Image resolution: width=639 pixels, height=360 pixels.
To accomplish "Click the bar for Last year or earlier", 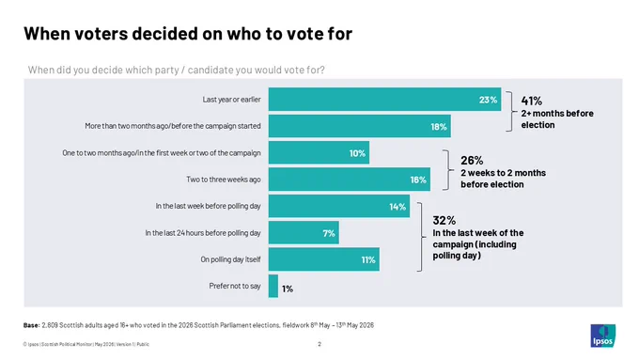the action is (x=384, y=100).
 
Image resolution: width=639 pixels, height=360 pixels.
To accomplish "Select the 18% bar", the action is (x=359, y=126).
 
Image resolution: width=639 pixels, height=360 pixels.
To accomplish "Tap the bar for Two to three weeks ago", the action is (x=350, y=180).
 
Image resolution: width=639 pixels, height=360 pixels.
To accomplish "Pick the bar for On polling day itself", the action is (x=324, y=259).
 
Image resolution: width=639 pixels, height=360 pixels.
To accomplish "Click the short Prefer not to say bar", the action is (x=273, y=286).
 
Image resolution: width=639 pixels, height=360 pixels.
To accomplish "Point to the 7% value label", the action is (x=329, y=233).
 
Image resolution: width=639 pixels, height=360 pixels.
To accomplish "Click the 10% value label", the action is (x=357, y=153).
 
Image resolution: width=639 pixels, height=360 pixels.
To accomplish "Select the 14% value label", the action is (x=397, y=207).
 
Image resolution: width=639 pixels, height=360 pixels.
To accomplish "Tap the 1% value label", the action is (x=288, y=290).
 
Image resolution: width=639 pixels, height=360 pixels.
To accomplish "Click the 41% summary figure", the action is (x=532, y=101).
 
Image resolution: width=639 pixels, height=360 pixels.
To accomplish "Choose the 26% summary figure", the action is (x=472, y=160).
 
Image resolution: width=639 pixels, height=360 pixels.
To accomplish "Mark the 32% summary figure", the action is (x=444, y=221).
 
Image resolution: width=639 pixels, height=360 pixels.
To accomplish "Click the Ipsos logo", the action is (x=603, y=336).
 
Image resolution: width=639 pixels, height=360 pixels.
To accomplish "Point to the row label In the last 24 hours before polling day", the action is (x=203, y=233).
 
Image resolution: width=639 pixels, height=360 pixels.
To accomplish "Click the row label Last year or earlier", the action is (x=231, y=100).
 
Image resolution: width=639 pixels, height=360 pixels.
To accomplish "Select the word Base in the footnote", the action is (x=31, y=325).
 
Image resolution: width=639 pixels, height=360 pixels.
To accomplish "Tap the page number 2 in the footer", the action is (x=319, y=344).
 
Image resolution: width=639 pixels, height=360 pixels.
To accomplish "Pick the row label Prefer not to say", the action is (x=235, y=286).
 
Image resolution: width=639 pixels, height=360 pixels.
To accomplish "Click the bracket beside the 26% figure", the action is (x=448, y=170).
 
